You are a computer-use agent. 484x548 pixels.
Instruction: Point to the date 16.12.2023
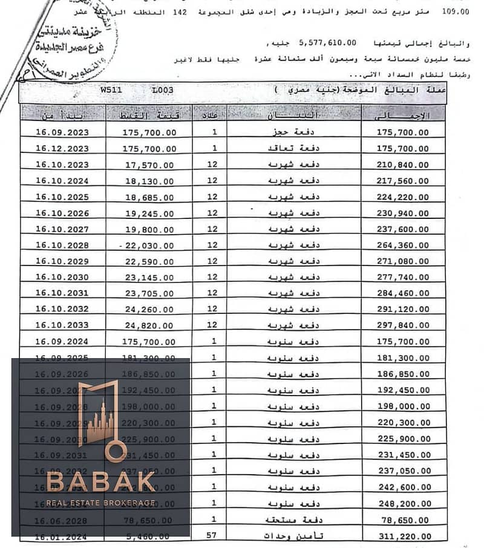(x=62, y=149)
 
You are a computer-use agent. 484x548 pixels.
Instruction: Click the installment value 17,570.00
(x=149, y=165)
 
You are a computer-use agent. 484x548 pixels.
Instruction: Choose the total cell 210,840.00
(x=403, y=165)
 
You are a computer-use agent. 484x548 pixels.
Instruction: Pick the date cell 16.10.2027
(x=62, y=230)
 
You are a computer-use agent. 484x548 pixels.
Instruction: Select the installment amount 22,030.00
(x=149, y=246)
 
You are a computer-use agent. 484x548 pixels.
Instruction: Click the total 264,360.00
(x=403, y=246)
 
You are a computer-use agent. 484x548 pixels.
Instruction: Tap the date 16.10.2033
(x=62, y=325)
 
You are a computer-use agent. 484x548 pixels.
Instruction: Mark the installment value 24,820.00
(x=149, y=325)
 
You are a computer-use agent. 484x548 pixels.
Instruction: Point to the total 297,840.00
(x=403, y=325)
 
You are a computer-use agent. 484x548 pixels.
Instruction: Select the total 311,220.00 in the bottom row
(x=403, y=536)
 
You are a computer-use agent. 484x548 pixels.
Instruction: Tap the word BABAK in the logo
(x=101, y=483)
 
